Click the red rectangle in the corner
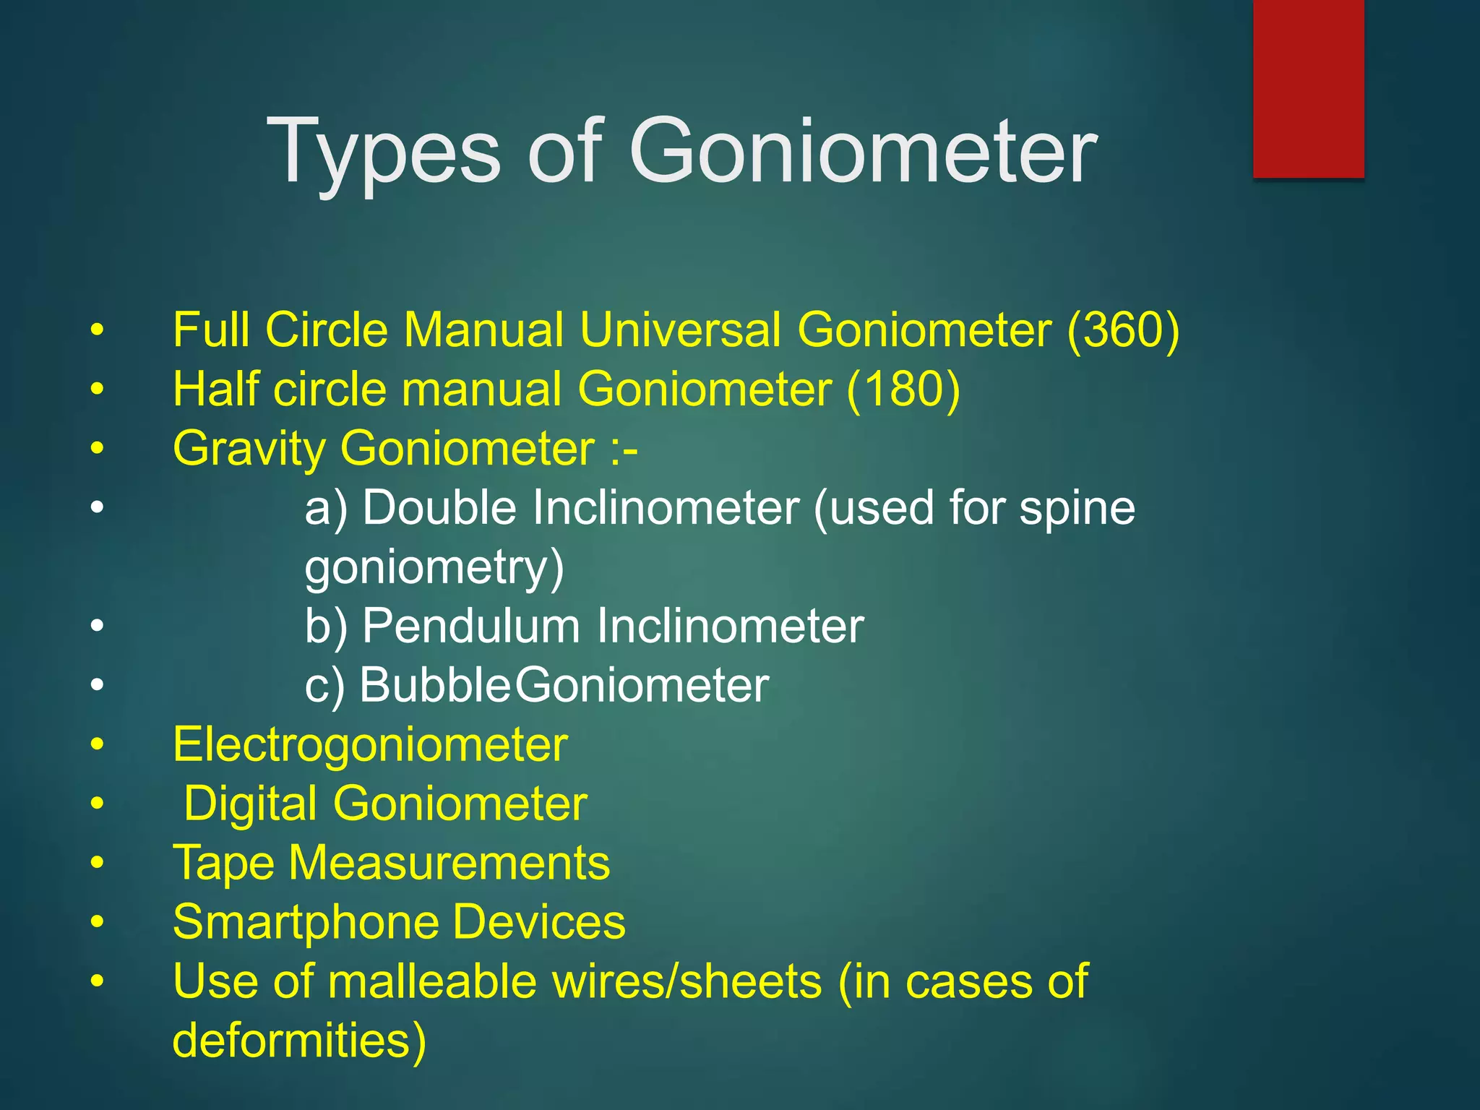pyautogui.click(x=1308, y=88)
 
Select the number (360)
pyautogui.click(x=1123, y=330)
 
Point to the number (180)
pyautogui.click(x=903, y=390)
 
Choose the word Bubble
pyautogui.click(x=435, y=685)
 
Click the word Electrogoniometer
pyautogui.click(x=370, y=745)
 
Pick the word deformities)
pyautogui.click(x=299, y=1041)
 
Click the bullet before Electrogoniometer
pyautogui.click(x=98, y=744)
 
